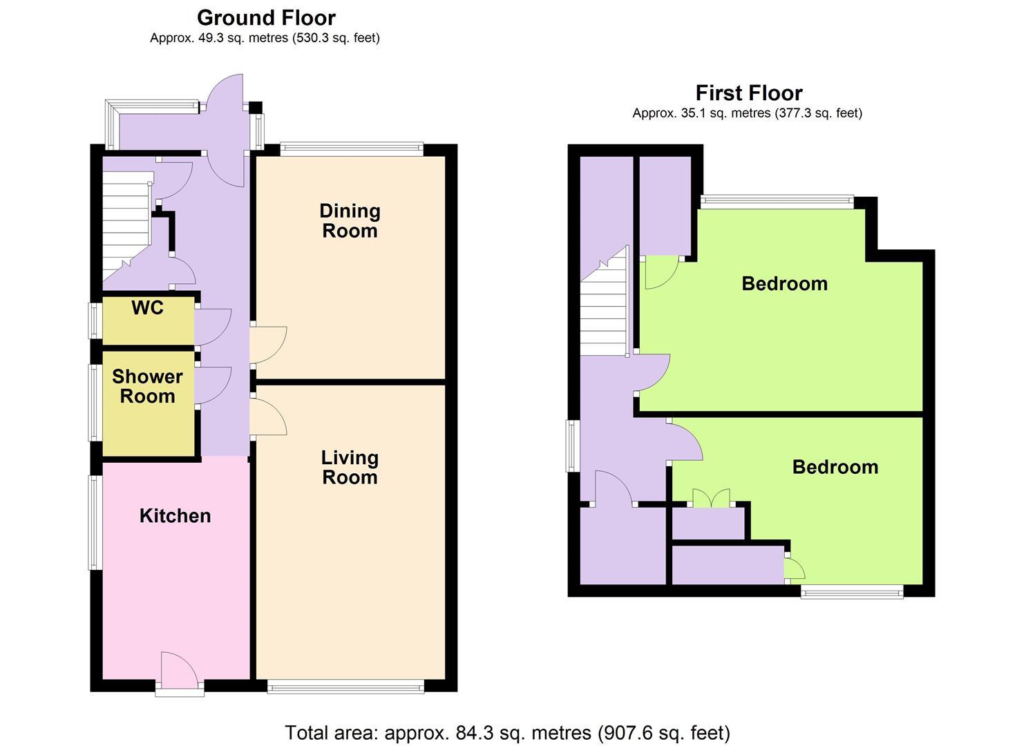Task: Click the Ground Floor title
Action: [266, 18]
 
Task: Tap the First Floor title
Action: [748, 93]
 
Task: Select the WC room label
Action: [148, 308]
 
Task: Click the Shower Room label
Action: [147, 386]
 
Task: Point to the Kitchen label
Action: [175, 516]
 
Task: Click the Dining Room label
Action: [350, 221]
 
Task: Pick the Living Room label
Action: [350, 468]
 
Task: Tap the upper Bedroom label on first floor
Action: [784, 284]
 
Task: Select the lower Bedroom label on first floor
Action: [835, 467]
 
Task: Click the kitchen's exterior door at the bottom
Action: [179, 670]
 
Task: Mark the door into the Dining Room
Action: [267, 343]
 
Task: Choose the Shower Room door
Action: [211, 385]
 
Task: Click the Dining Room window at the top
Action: [352, 148]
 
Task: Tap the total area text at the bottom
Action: [507, 732]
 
